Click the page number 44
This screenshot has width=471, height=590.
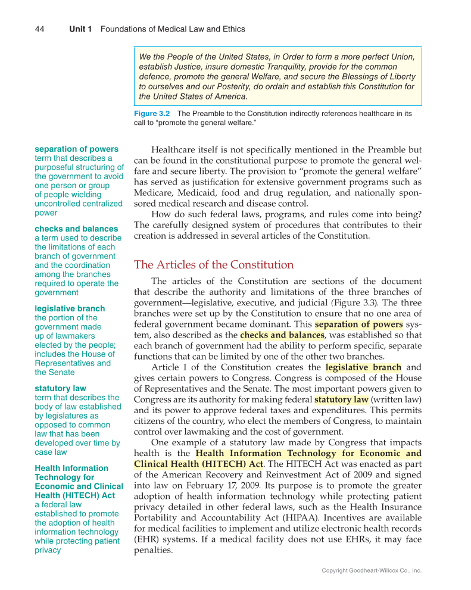40,29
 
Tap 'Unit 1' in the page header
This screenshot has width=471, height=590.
80,29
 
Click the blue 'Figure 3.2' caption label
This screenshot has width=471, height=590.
152,113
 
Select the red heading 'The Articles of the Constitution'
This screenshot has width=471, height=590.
214,265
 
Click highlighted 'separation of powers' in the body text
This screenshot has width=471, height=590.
358,324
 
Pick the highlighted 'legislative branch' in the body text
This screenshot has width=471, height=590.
363,367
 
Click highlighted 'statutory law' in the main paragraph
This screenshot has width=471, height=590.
341,399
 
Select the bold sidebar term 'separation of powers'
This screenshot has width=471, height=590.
76,149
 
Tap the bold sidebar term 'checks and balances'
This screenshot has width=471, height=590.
76,229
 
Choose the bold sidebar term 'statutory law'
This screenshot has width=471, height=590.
60,389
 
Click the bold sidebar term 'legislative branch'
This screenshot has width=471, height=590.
70,308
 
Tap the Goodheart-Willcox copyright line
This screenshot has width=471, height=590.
372,570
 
